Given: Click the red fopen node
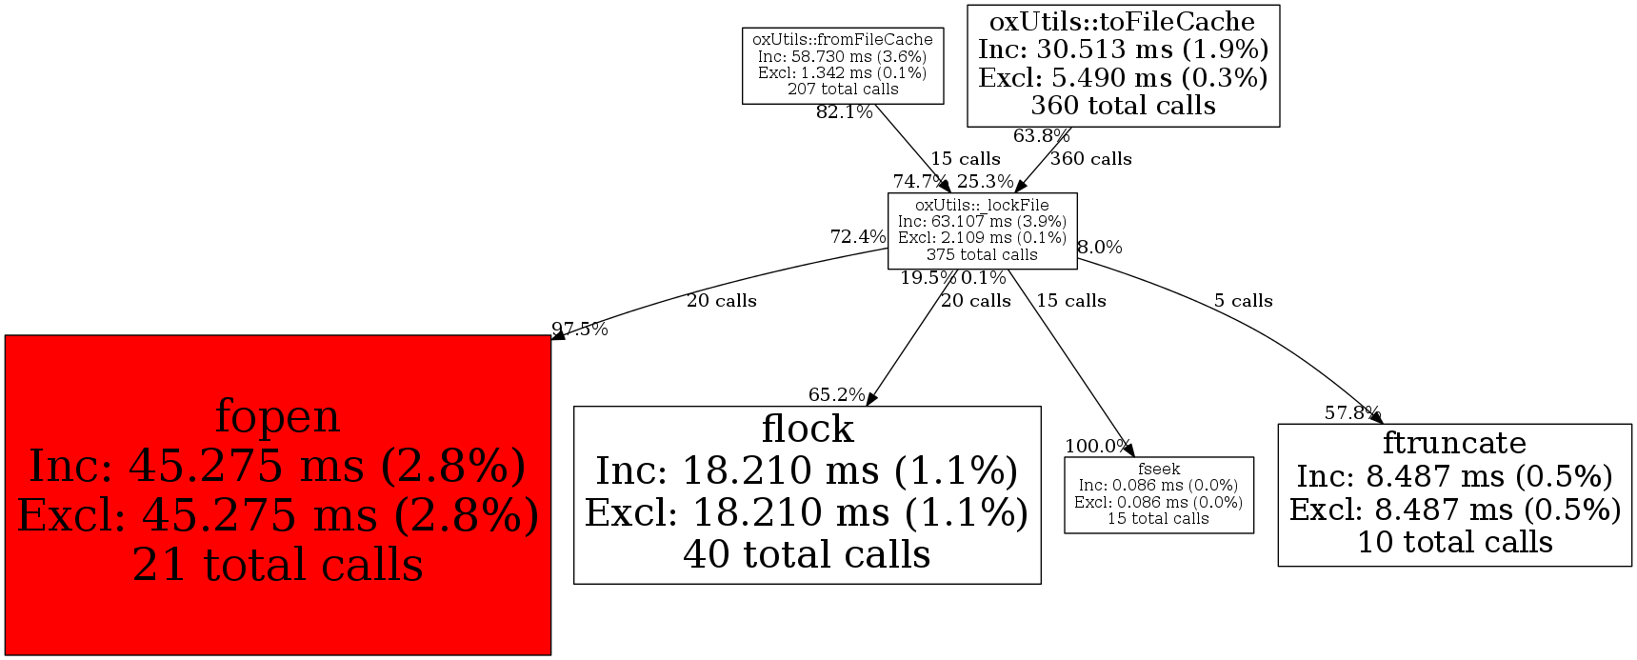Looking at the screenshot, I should point(277,494).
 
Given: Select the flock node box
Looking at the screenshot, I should point(807,494).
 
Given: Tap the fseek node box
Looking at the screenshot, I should point(1158,494).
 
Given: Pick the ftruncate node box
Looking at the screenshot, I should point(1454,494).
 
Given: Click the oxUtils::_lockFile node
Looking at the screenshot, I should point(982,230).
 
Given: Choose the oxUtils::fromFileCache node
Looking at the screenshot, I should point(843,65).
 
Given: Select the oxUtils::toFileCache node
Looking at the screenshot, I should point(1123,65).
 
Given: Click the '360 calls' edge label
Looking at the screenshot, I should point(1090,159).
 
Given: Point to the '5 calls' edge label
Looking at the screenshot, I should point(1243,301).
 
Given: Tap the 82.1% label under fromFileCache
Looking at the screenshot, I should point(844,112).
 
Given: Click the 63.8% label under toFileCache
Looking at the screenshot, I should point(1041,136).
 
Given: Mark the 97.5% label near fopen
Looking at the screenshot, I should point(579,330).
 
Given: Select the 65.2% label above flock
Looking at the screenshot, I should point(836,394).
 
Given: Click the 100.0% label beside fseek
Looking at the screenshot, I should point(1097,446).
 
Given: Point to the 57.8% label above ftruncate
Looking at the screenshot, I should point(1351,412).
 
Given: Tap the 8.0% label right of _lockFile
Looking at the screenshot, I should point(1100,248).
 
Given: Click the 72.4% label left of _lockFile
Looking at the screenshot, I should point(858,237).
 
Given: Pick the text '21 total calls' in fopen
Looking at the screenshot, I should point(277,565).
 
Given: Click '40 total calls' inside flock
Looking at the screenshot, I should point(807,554).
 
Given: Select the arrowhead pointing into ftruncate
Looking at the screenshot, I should point(1376,418).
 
